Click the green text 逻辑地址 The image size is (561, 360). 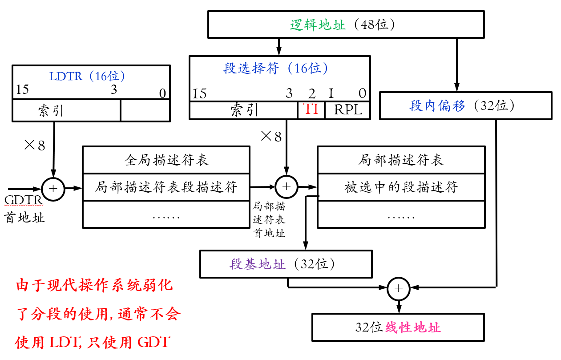[318, 25]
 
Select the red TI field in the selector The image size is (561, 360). [311, 109]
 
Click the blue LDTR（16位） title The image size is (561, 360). [87, 76]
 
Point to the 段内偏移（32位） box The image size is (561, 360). [465, 106]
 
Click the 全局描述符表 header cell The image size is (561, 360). [166, 160]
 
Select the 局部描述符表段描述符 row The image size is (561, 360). [166, 187]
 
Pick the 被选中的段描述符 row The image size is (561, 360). [401, 187]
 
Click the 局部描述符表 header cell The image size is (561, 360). [401, 160]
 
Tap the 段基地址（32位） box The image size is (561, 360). [286, 264]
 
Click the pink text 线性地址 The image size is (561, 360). [413, 328]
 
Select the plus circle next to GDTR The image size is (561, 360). [53, 188]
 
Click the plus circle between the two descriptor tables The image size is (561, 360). [287, 187]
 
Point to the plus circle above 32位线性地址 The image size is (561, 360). [399, 288]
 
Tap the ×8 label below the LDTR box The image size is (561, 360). [35, 145]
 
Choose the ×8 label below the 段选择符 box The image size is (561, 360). [271, 136]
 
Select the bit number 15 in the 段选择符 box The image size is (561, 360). [200, 93]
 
